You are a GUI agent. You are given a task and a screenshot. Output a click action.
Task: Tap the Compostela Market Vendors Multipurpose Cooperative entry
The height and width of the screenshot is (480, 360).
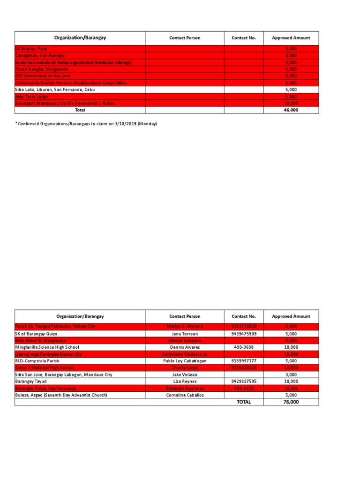tap(71, 82)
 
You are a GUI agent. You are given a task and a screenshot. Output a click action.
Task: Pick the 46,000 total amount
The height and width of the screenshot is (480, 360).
tap(291, 110)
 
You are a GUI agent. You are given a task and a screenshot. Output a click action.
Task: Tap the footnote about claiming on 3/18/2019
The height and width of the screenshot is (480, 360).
tap(86, 124)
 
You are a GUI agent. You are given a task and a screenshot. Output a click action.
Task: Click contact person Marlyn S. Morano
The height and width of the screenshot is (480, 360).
tap(184, 326)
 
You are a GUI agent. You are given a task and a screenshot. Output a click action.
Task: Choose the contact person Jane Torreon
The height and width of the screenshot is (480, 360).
tap(184, 333)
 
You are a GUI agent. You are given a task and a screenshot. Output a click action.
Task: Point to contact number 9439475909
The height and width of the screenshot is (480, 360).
tap(244, 333)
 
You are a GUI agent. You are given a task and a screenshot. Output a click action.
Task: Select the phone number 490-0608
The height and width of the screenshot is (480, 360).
tap(244, 347)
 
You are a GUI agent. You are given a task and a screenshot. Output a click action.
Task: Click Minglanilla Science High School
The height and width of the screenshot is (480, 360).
tap(47, 347)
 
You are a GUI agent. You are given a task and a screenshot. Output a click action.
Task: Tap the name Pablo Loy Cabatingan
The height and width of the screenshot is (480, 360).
tap(184, 361)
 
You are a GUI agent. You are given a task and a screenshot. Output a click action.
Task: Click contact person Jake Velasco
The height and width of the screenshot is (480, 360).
tap(184, 375)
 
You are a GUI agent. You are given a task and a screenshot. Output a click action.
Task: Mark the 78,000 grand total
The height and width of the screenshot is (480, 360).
tap(291, 402)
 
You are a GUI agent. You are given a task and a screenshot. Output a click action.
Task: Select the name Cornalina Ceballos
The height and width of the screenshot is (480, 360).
tap(184, 395)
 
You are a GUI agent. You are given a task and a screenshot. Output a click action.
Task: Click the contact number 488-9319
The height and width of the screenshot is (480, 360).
tap(244, 388)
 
